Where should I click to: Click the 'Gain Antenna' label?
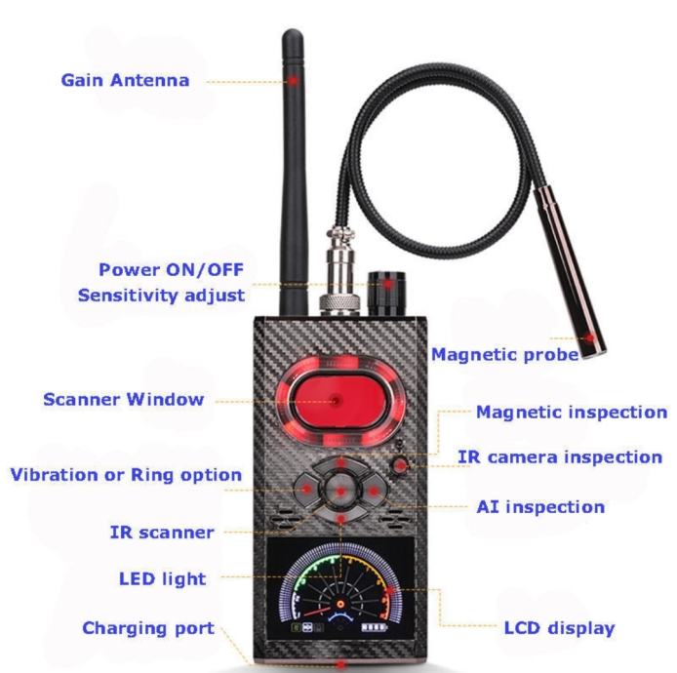pyautogui.click(x=125, y=80)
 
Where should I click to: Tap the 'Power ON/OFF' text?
pyautogui.click(x=172, y=270)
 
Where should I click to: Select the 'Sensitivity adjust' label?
pyautogui.click(x=162, y=296)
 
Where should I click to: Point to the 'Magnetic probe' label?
pyautogui.click(x=504, y=355)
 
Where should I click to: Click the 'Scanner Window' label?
pyautogui.click(x=124, y=399)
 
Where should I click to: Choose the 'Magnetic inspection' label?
pyautogui.click(x=572, y=413)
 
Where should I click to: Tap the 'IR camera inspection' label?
pyautogui.click(x=560, y=457)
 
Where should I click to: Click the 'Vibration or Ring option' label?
pyautogui.click(x=126, y=475)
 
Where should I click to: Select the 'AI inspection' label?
pyautogui.click(x=540, y=507)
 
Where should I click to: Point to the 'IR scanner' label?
pyautogui.click(x=162, y=533)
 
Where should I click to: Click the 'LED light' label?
pyautogui.click(x=163, y=579)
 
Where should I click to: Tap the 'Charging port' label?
pyautogui.click(x=148, y=628)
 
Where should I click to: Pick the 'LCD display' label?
pyautogui.click(x=560, y=628)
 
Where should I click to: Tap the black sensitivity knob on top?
pyautogui.click(x=386, y=294)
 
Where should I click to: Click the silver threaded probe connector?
pyautogui.click(x=339, y=271)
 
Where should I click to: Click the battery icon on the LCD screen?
pyautogui.click(x=375, y=627)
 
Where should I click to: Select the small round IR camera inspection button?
pyautogui.click(x=400, y=465)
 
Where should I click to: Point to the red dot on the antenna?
pyautogui.click(x=294, y=80)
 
